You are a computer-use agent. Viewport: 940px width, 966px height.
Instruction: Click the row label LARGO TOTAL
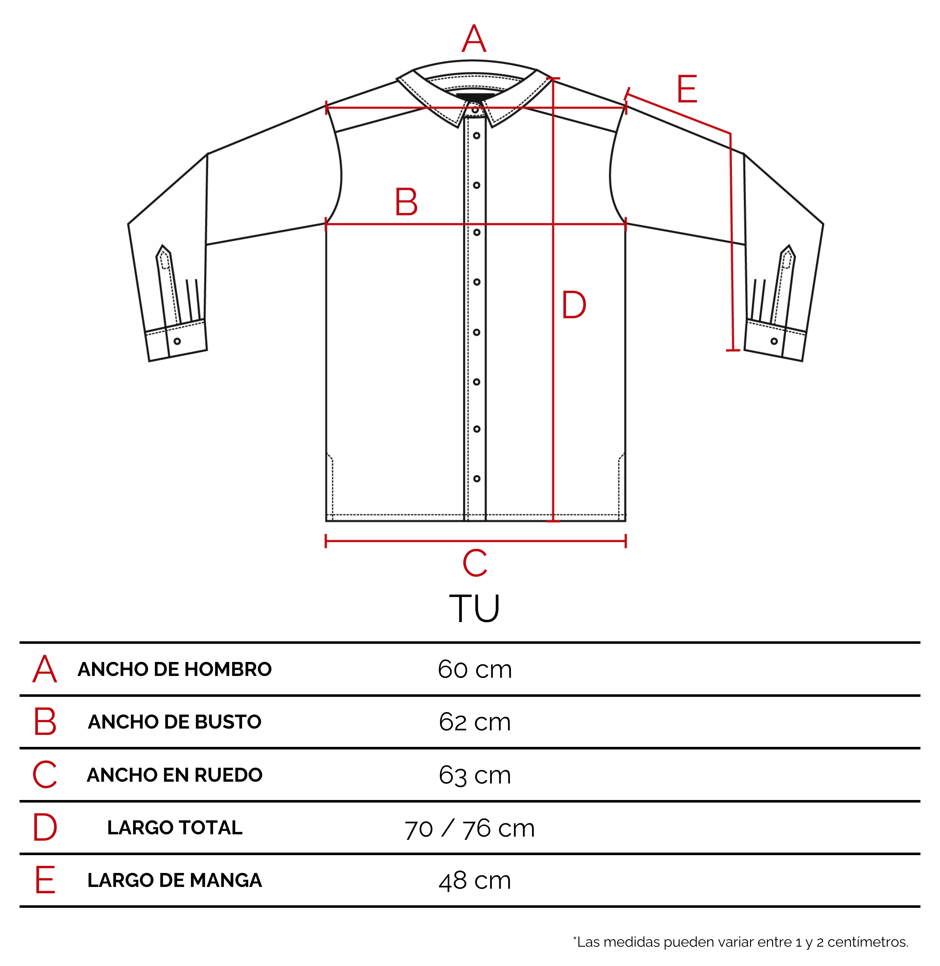(175, 828)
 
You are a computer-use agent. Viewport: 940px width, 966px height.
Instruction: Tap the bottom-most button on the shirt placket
(476, 479)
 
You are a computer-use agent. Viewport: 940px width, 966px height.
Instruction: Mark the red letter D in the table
(45, 828)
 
